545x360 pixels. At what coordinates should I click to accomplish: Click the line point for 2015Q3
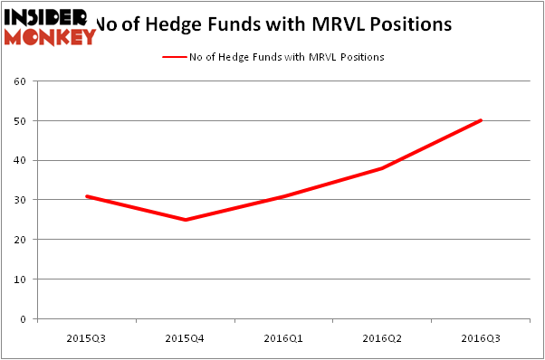pyautogui.click(x=86, y=196)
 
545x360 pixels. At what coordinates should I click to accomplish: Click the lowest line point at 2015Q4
pyautogui.click(x=185, y=220)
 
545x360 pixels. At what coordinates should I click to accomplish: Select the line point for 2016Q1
pyautogui.click(x=283, y=196)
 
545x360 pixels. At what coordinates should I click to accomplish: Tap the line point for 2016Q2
pyautogui.click(x=382, y=168)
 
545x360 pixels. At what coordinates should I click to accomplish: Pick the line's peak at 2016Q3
pyautogui.click(x=481, y=120)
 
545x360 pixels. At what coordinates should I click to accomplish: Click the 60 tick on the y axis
pyautogui.click(x=20, y=81)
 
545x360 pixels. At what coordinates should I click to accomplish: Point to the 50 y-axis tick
pyautogui.click(x=20, y=120)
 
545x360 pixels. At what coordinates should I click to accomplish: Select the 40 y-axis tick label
pyautogui.click(x=20, y=160)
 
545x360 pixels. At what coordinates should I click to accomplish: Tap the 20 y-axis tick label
pyautogui.click(x=20, y=240)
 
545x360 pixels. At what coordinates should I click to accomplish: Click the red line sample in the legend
pyautogui.click(x=174, y=56)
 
